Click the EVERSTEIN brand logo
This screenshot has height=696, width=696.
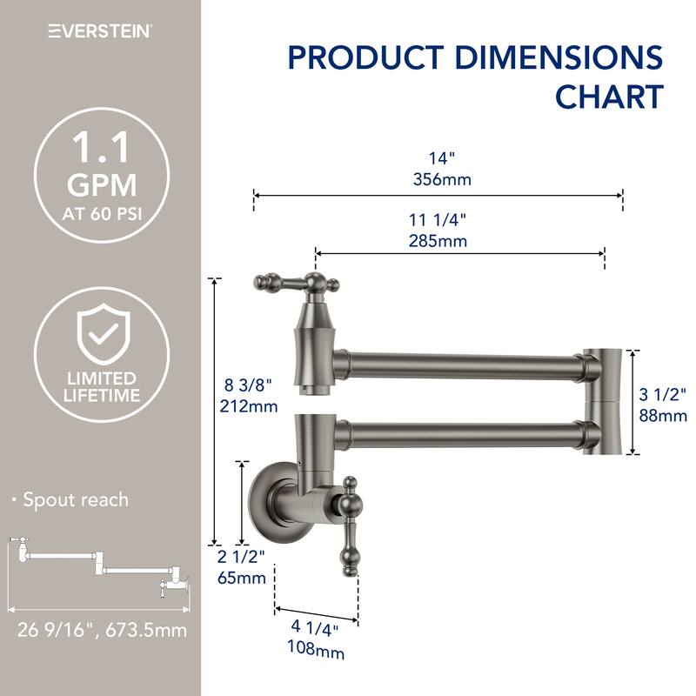click(x=100, y=31)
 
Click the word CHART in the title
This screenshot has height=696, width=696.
click(x=610, y=97)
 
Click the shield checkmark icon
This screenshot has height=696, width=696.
click(x=101, y=334)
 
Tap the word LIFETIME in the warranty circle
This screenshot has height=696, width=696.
click(x=101, y=396)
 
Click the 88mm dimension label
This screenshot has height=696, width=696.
click(x=663, y=416)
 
